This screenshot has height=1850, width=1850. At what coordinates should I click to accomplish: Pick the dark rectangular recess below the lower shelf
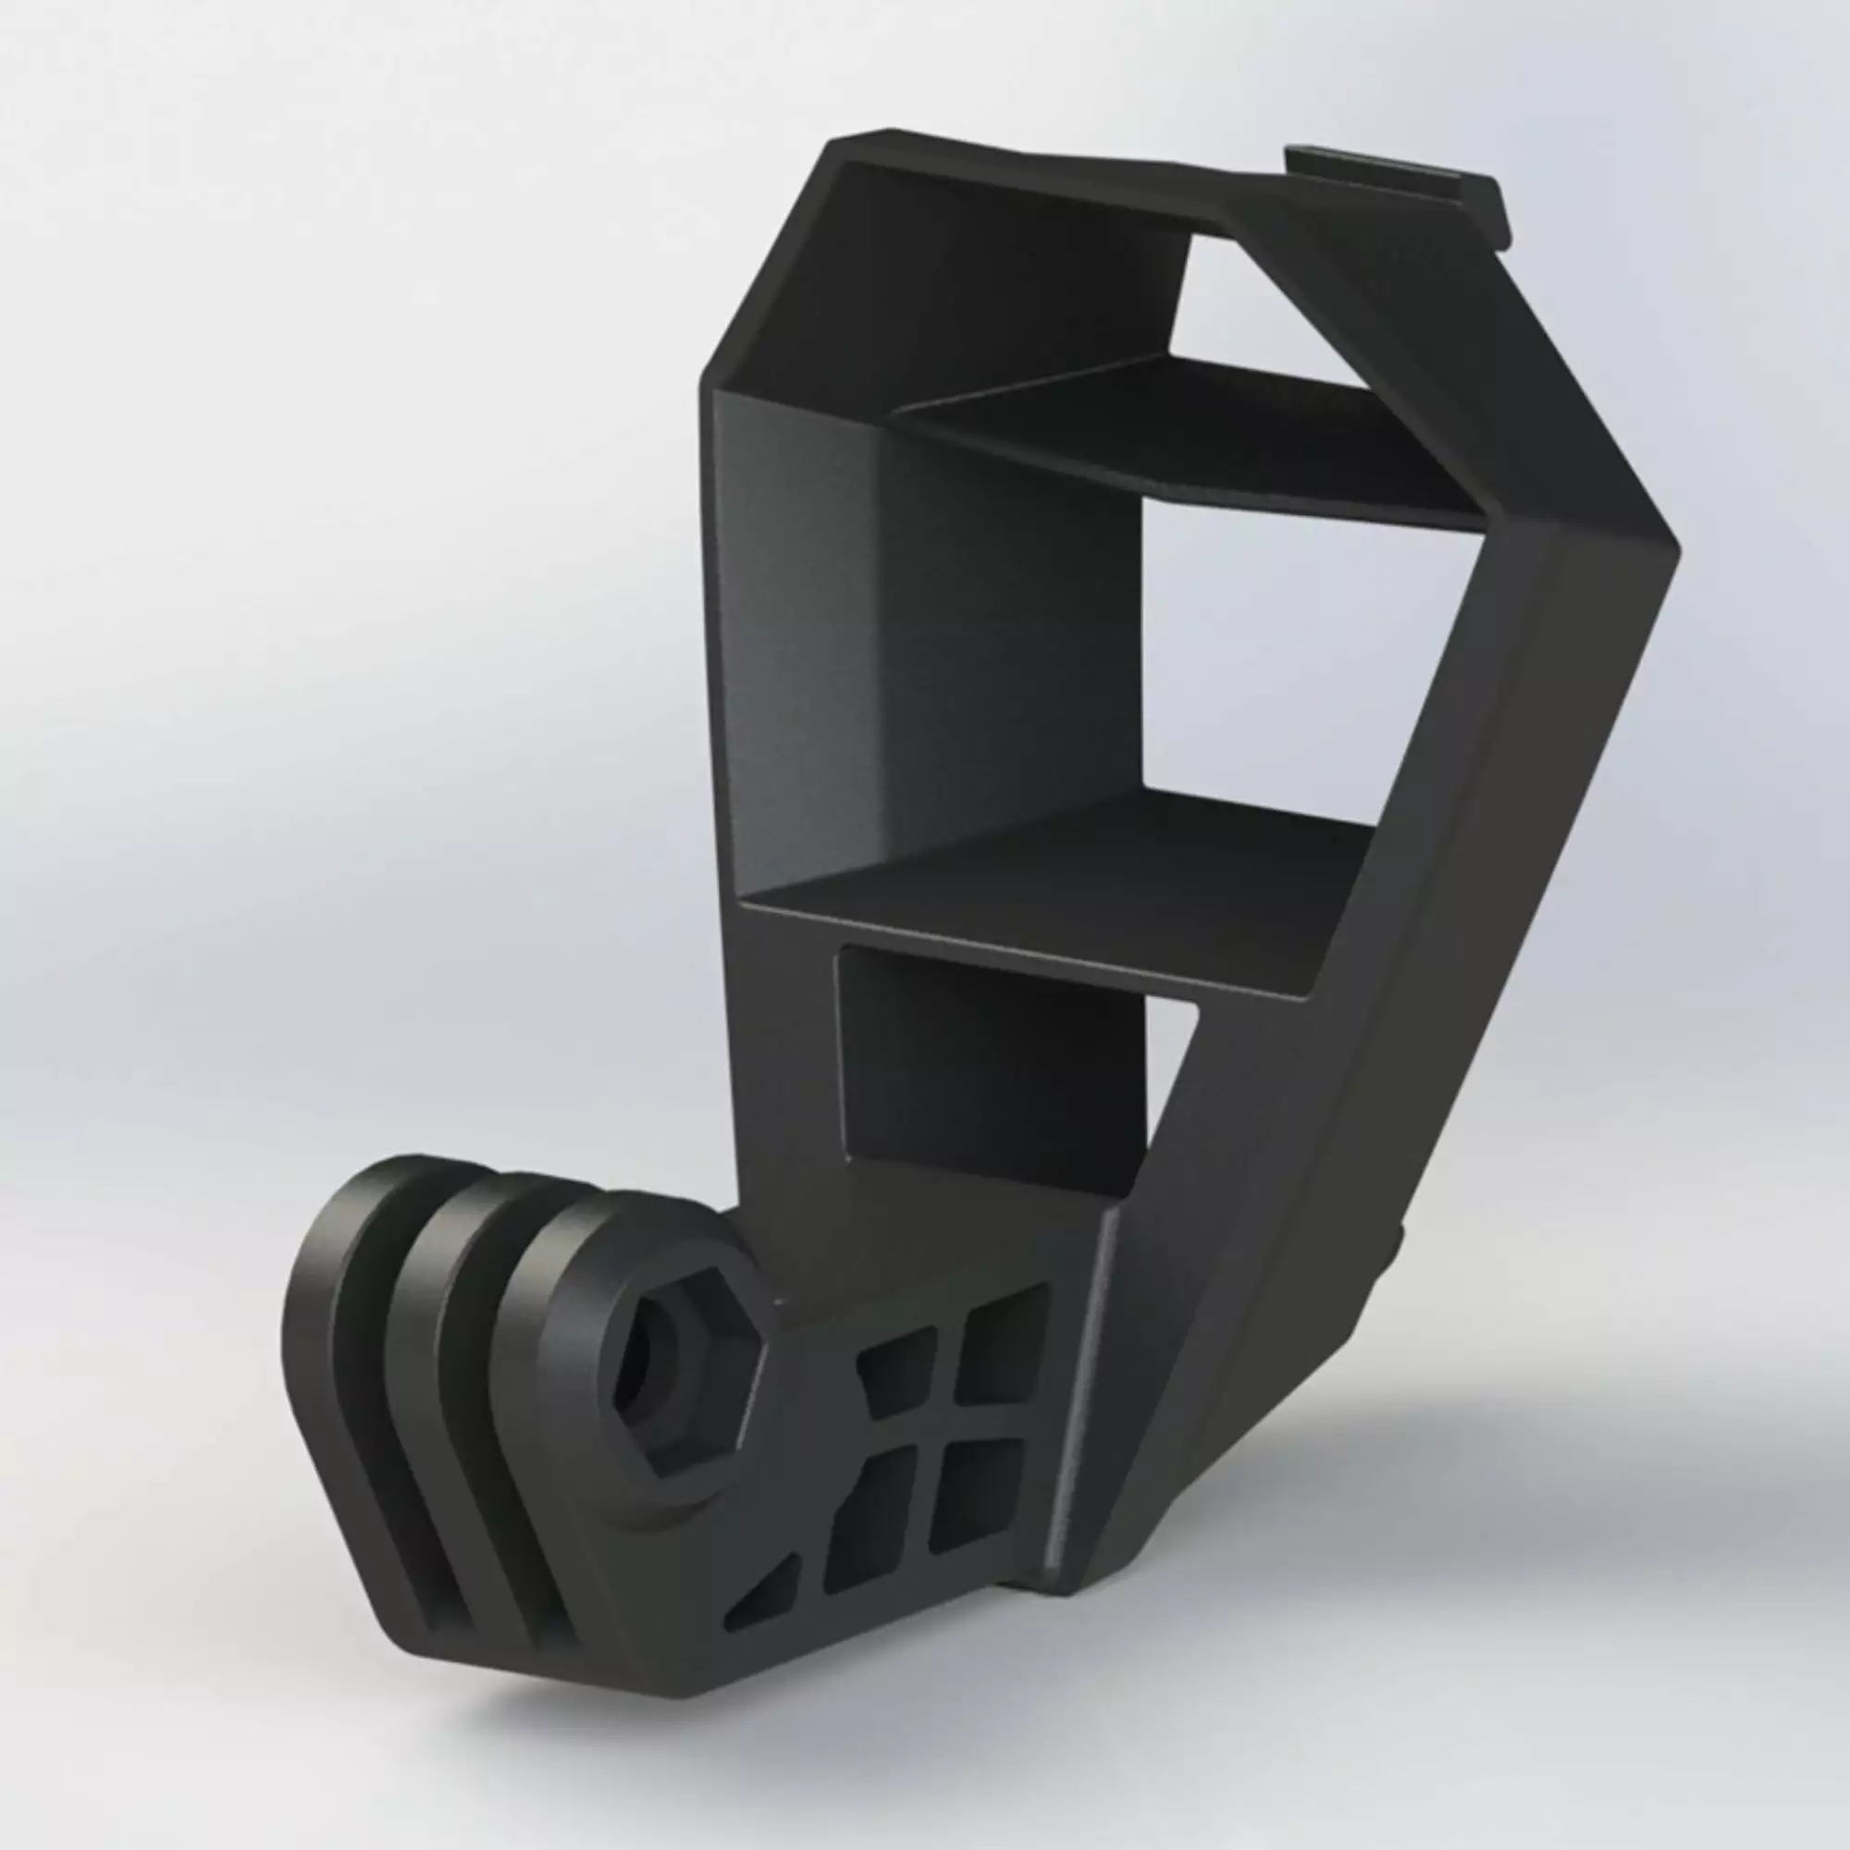991,1072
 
